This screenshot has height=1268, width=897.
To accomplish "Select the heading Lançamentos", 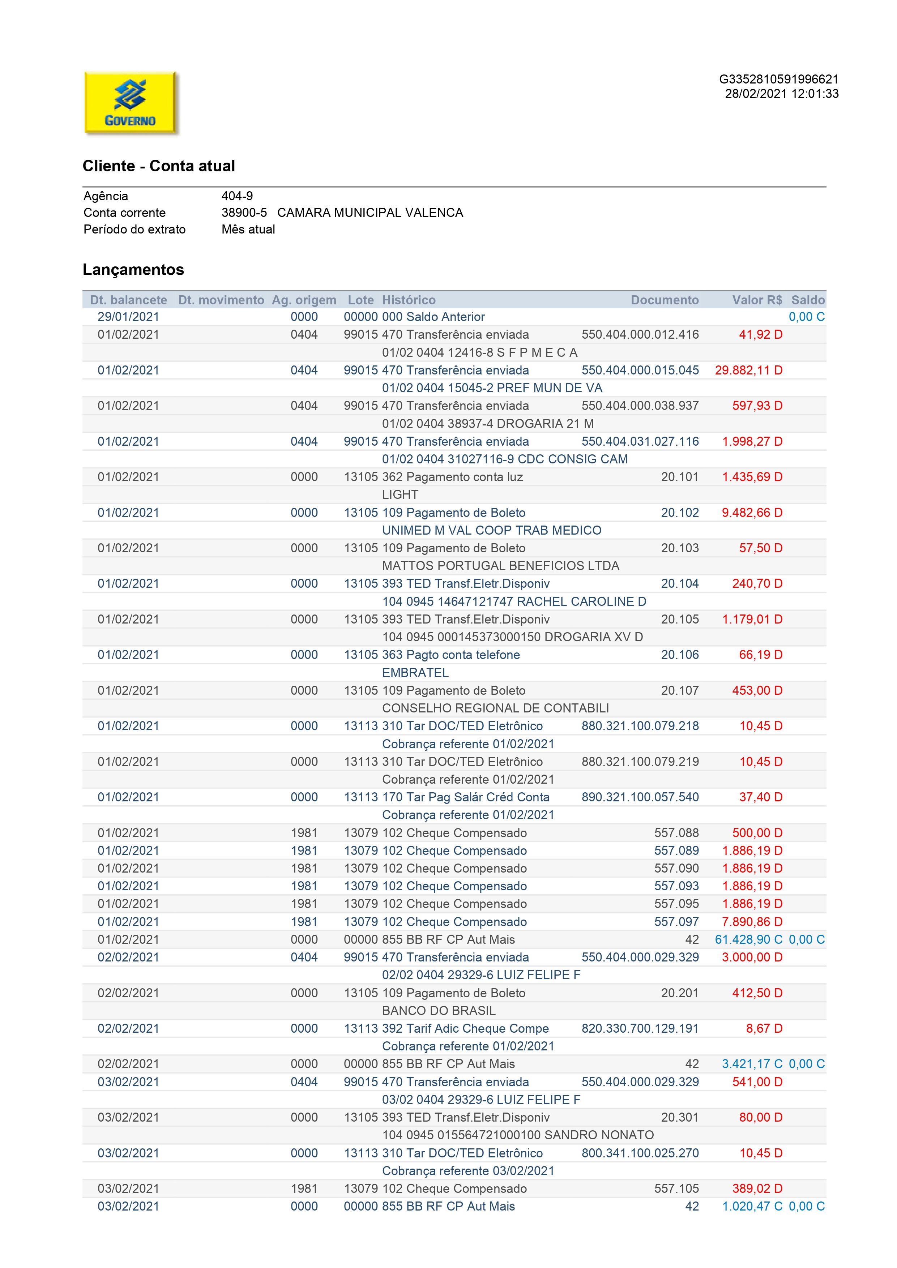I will (133, 270).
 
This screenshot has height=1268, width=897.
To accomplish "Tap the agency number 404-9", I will (237, 196).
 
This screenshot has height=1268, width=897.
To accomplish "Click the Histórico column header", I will (409, 300).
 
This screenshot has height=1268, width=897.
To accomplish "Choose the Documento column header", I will (665, 300).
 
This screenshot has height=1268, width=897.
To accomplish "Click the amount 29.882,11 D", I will (748, 370).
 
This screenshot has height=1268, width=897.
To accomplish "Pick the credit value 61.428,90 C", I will (748, 939).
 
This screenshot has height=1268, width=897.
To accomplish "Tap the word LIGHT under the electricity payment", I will (400, 495).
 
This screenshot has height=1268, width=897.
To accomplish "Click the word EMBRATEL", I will (415, 673).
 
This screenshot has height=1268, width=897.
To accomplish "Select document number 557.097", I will (676, 922).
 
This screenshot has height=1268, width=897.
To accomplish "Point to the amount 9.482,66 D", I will (752, 513).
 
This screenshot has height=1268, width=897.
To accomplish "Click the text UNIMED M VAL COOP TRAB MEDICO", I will (492, 530).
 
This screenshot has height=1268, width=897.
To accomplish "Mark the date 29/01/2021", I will (128, 317).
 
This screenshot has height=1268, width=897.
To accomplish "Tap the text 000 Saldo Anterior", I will (433, 317).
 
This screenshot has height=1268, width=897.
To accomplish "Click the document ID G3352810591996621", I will (778, 80).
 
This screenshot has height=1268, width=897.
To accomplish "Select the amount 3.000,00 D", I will (752, 957).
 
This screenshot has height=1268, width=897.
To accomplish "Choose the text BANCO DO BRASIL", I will (439, 1011).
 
